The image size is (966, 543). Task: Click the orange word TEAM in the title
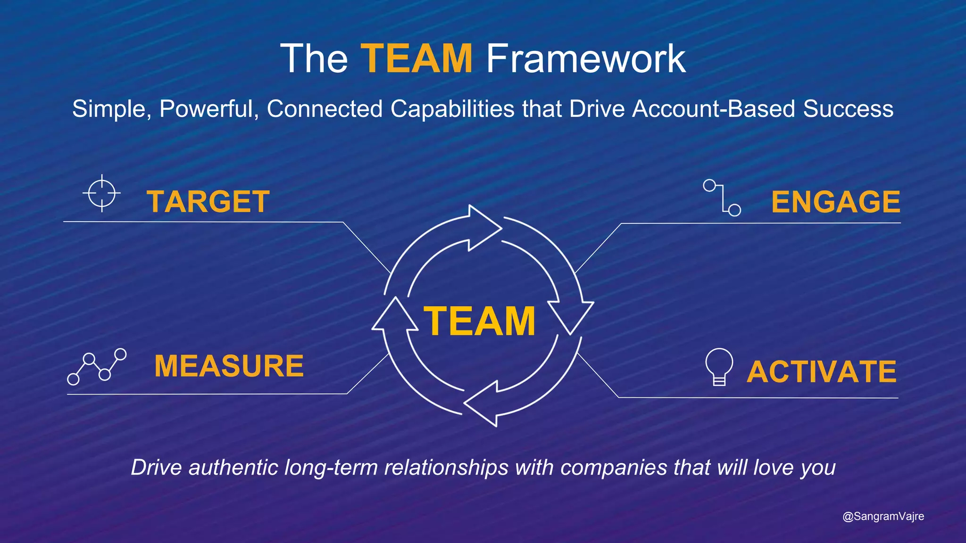(416, 58)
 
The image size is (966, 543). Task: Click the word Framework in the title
(585, 58)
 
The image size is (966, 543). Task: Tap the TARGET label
(208, 202)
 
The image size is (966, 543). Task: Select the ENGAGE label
(835, 202)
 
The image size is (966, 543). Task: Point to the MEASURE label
(229, 366)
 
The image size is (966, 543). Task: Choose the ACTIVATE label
(821, 371)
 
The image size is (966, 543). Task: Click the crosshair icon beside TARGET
(102, 193)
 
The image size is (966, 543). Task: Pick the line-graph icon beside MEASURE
(97, 367)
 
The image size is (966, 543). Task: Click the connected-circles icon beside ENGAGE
(722, 198)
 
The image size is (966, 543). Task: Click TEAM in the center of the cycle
(480, 321)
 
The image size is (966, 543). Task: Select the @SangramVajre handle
(883, 517)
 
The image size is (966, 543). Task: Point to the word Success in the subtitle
(848, 109)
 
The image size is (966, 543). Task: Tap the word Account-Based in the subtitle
(714, 109)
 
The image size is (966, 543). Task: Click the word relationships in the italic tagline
(446, 468)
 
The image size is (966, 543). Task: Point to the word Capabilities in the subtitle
(452, 109)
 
